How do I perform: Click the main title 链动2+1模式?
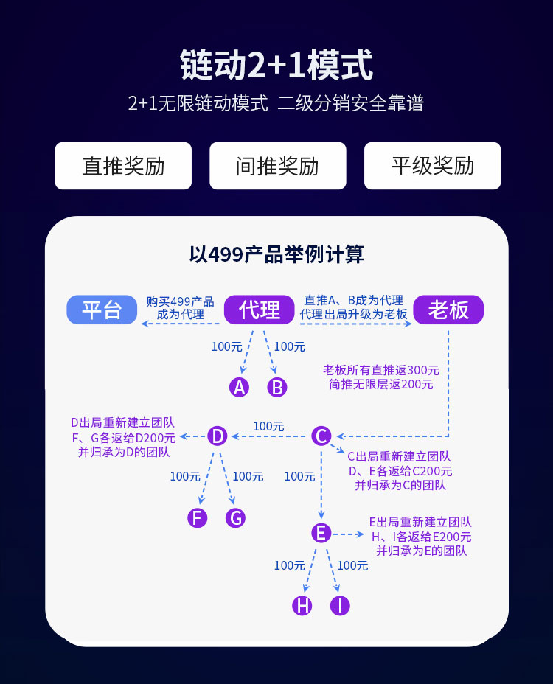point(276,65)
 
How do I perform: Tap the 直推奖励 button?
point(123,166)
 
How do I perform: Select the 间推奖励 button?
point(277,166)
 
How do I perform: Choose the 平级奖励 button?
point(432,166)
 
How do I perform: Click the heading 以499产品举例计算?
point(276,254)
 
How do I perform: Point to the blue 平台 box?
point(102,310)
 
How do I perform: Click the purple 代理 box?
point(260,310)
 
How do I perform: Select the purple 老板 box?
point(448,310)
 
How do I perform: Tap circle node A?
point(239,387)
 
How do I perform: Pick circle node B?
point(276,387)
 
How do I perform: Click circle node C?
point(321,436)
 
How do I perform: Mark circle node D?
point(218,436)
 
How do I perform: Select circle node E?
point(321,533)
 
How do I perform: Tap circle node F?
point(197,518)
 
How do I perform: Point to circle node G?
point(236,518)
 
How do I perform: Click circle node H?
point(302,606)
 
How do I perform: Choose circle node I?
point(340,606)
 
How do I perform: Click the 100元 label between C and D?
point(268,426)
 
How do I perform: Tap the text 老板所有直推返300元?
point(381,370)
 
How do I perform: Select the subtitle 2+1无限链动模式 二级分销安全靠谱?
point(276,103)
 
